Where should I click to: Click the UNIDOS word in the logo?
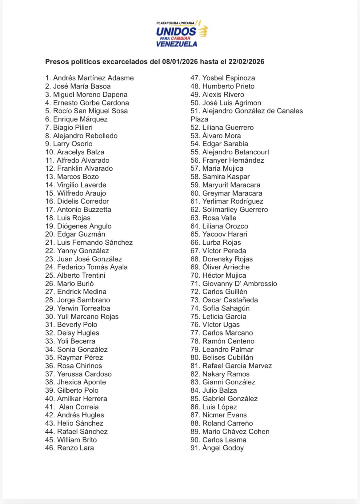(x=176, y=31)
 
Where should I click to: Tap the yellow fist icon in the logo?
(x=203, y=31)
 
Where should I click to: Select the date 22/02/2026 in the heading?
(x=246, y=62)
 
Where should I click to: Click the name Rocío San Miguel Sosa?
(x=90, y=111)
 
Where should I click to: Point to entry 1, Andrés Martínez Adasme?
(x=90, y=78)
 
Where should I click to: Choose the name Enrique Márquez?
(x=80, y=119)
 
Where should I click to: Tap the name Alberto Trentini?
(x=81, y=276)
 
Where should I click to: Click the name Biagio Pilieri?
(x=73, y=128)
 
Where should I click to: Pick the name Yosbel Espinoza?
(x=228, y=78)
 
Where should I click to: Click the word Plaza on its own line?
(x=199, y=119)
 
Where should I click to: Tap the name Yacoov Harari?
(x=225, y=234)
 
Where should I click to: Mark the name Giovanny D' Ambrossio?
(x=239, y=284)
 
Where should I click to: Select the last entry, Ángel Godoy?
(x=223, y=448)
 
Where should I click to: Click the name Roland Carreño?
(x=227, y=423)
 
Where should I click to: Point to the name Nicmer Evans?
(x=224, y=415)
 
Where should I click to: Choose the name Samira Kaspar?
(x=226, y=177)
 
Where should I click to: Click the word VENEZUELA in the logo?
(x=177, y=44)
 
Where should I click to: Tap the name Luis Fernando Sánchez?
(x=95, y=243)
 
